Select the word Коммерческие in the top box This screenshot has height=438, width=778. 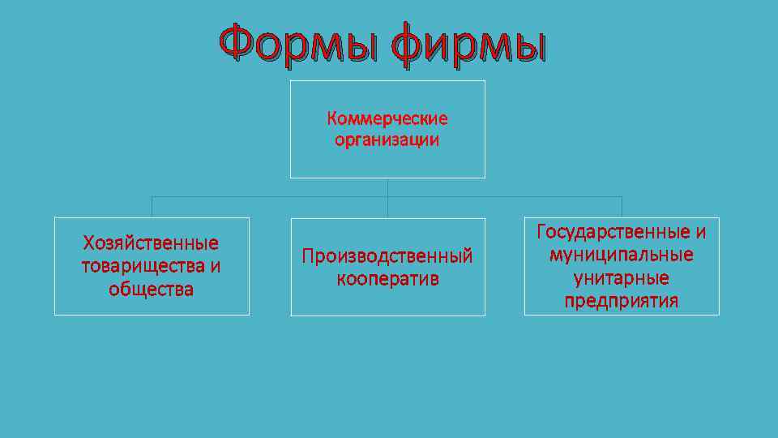387,119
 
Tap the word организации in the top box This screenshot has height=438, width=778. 387,140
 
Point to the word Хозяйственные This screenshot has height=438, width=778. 152,243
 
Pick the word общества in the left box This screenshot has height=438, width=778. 152,290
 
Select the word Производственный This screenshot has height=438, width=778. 387,256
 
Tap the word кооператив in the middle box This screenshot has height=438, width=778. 387,279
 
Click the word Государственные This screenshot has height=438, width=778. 613,232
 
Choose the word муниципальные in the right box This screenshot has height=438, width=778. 622,255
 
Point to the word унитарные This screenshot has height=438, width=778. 622,278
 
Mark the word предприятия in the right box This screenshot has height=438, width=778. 622,302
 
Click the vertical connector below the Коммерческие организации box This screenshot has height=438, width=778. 387,187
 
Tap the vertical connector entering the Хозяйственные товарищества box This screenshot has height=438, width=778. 152,207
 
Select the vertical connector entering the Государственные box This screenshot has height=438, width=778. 622,207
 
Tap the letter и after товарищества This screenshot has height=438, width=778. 215,266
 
